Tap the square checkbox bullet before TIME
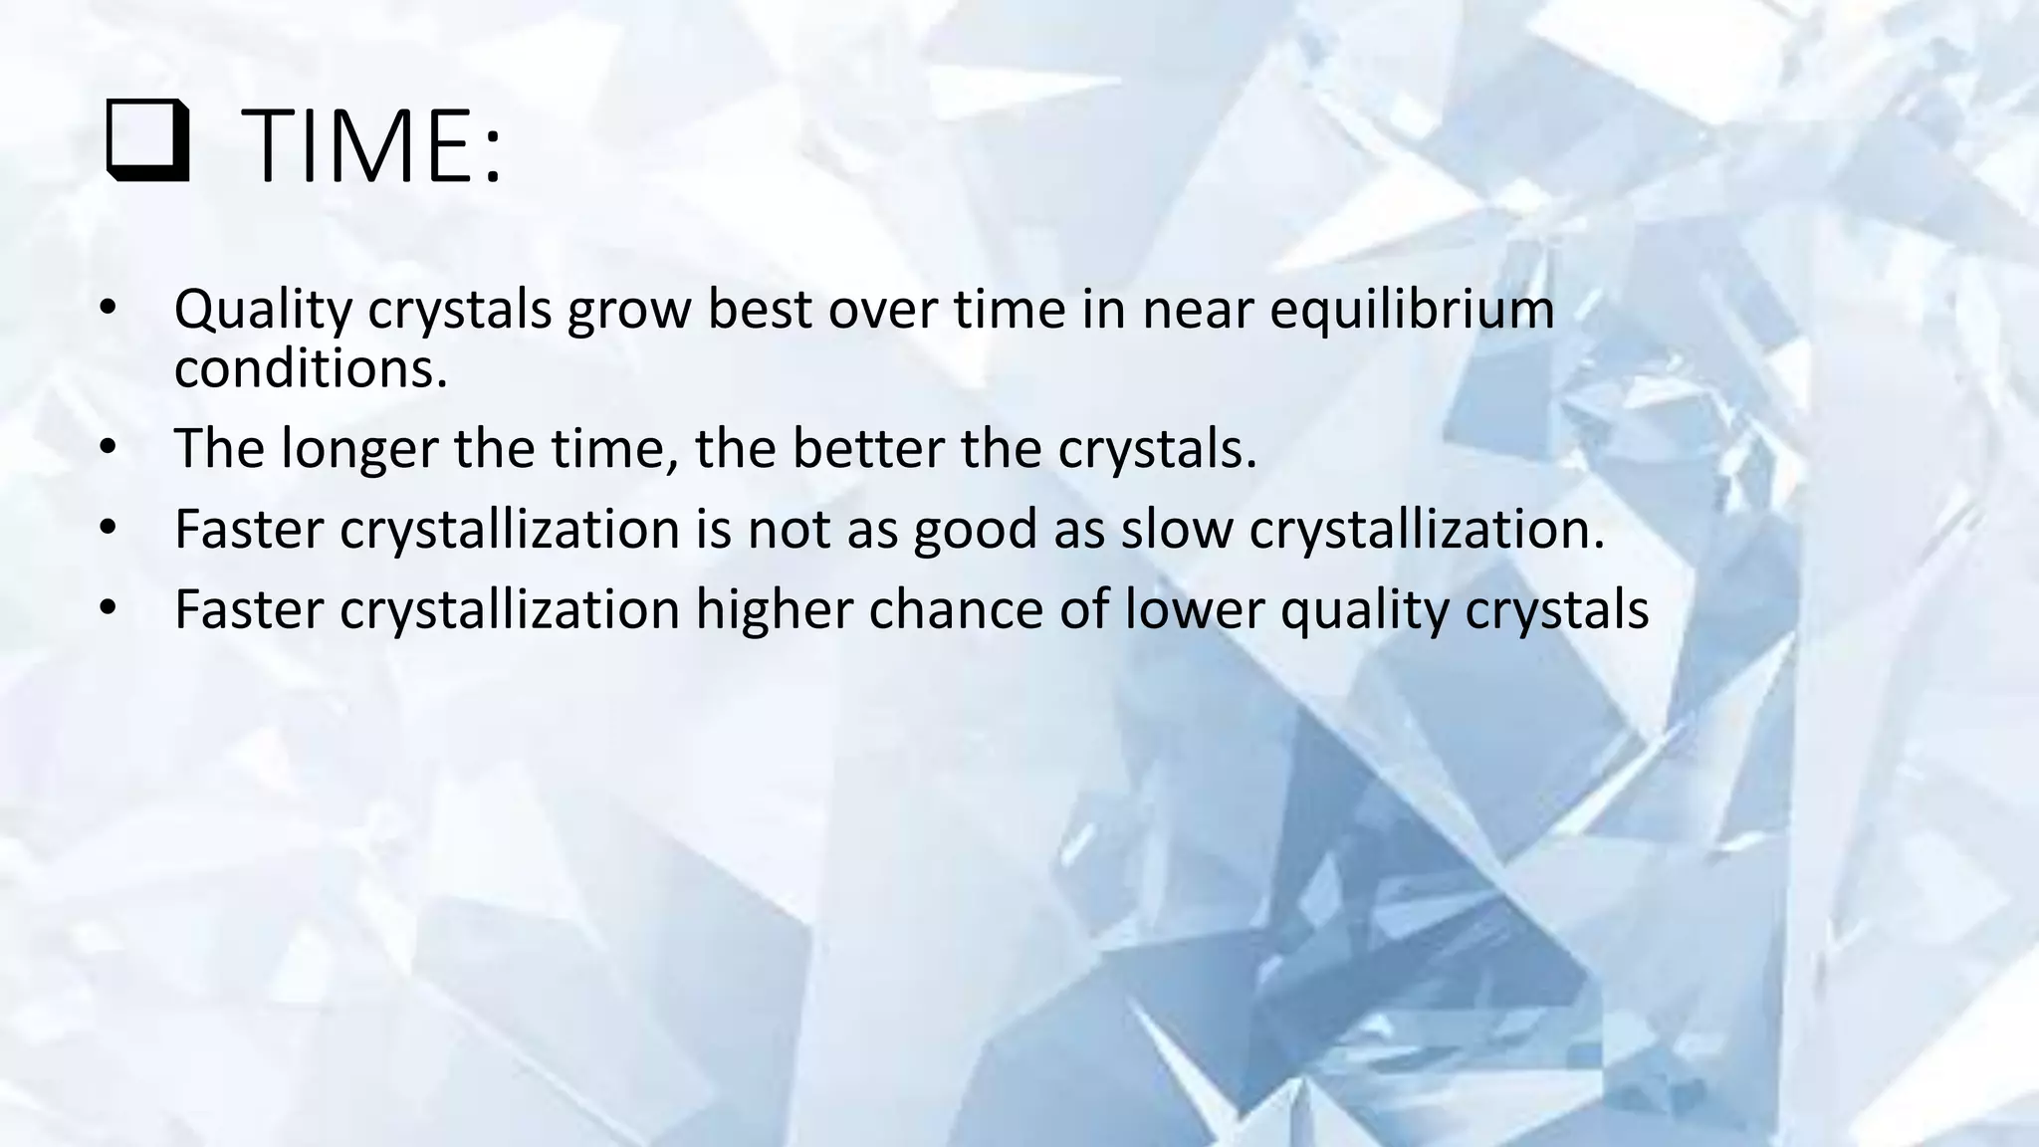tap(146, 148)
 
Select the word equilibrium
tap(1412, 310)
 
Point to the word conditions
tap(310, 368)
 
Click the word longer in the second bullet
tap(358, 450)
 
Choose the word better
tap(867, 449)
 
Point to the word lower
tap(1194, 609)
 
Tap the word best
tap(760, 310)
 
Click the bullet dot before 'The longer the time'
tap(109, 448)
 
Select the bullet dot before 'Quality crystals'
tap(109, 309)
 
